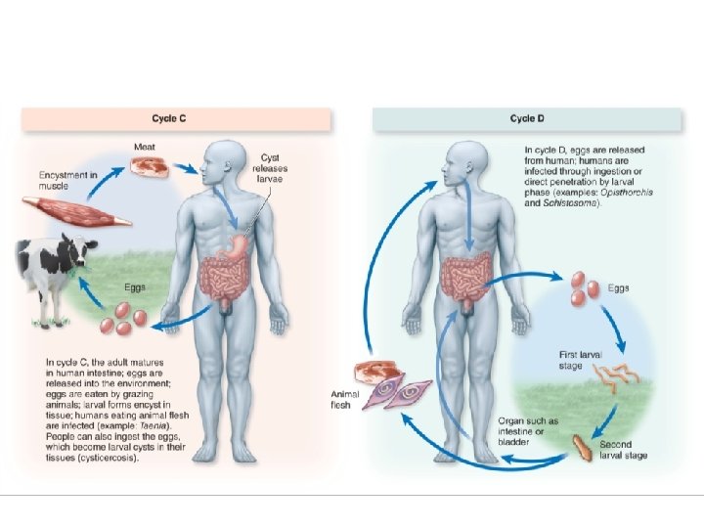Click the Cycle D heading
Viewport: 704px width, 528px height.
[x=527, y=118]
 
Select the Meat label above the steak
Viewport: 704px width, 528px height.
[x=143, y=147]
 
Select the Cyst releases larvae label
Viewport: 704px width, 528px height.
[x=275, y=168]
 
